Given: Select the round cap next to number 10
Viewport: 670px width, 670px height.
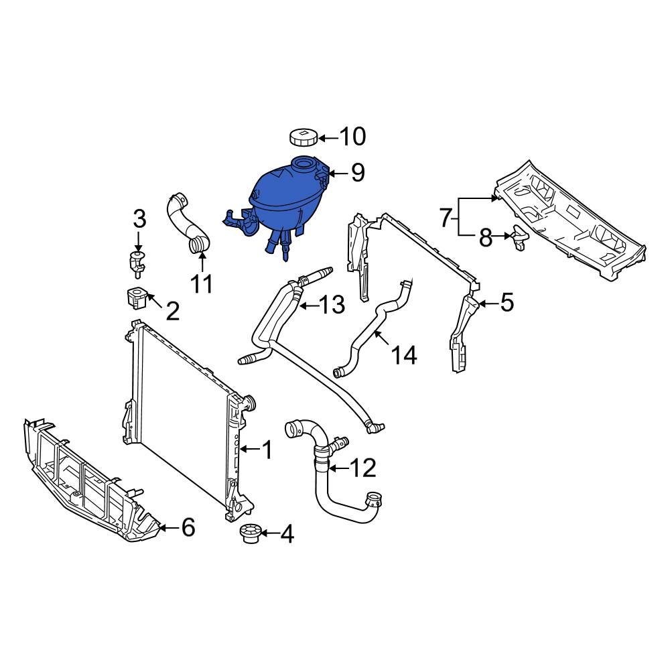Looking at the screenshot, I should point(303,137).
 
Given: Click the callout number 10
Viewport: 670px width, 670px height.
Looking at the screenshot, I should point(352,137).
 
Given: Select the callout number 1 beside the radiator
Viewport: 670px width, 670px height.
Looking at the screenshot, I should point(267,450).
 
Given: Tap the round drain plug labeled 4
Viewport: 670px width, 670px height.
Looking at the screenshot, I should point(249,534).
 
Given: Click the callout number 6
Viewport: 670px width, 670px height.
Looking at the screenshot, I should point(188,528).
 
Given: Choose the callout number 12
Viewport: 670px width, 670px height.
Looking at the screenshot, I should point(362,468).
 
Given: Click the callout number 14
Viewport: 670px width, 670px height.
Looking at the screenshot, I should point(404,355).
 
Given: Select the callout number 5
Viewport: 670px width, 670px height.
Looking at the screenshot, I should point(507,303).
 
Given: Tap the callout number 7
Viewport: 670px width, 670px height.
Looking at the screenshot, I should point(446,217).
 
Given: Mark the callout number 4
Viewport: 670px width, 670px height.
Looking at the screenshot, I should point(286,534).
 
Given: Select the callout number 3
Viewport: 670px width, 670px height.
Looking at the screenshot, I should point(139,218).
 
